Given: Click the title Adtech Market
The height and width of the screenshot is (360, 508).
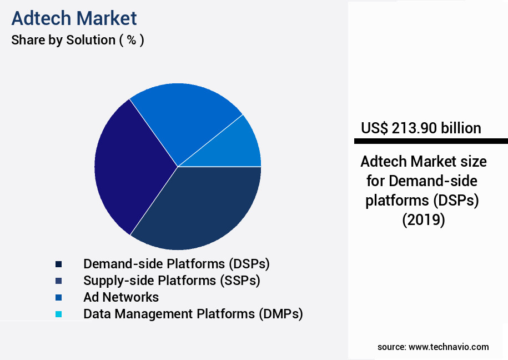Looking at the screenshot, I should [74, 18].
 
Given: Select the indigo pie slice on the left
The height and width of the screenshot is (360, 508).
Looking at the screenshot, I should [128, 167].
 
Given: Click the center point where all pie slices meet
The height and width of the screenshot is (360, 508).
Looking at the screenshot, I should [178, 167].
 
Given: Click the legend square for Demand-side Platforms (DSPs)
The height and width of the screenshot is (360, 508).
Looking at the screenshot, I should [58, 264].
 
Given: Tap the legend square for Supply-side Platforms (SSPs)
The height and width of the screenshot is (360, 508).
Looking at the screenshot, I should [58, 281].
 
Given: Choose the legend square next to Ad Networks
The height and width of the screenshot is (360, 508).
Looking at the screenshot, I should [58, 297].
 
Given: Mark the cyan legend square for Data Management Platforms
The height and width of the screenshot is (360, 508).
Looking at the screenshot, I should [58, 314].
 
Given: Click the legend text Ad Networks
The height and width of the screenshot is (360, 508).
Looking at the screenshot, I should [121, 297].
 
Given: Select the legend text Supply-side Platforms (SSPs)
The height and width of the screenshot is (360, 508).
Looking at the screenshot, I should [172, 281].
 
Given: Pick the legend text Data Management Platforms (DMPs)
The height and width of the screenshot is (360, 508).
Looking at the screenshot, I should [193, 314].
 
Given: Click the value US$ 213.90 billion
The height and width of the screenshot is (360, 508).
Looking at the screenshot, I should [421, 128].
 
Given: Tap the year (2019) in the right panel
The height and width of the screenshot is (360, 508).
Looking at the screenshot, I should [424, 220].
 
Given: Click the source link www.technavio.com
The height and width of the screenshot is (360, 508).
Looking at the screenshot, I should [449, 347].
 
